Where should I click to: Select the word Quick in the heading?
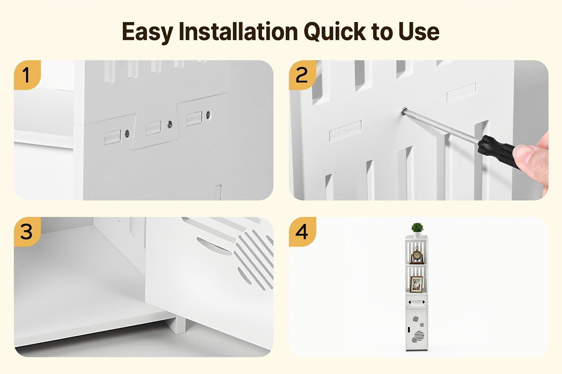(x=335, y=31)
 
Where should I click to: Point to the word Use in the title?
(x=419, y=31)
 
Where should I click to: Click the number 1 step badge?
(x=27, y=75)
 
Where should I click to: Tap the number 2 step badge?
(x=302, y=75)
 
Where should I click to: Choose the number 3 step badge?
(x=27, y=232)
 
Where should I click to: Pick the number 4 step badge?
(x=302, y=232)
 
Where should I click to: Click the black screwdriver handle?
(x=498, y=151)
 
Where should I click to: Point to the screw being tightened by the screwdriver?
(x=404, y=111)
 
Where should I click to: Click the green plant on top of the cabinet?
(x=417, y=228)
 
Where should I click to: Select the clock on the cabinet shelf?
(x=417, y=255)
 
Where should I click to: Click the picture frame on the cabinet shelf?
(x=416, y=284)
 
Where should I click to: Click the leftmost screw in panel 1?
(x=127, y=134)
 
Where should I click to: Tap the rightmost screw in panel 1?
(x=208, y=115)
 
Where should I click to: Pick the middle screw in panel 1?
(x=170, y=124)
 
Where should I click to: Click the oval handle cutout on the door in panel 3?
(x=214, y=246)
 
